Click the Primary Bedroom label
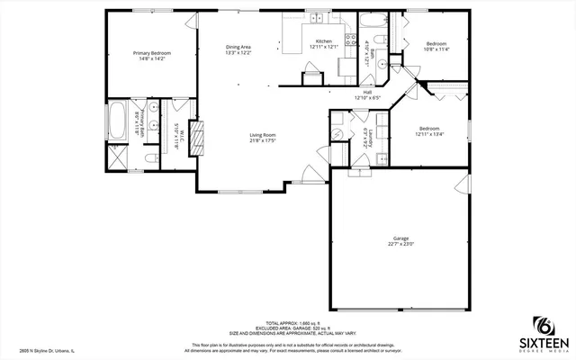click(152, 53)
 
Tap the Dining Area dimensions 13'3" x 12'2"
click(238, 52)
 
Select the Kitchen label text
click(323, 40)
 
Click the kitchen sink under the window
click(316, 19)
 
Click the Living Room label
click(262, 135)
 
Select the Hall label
click(368, 91)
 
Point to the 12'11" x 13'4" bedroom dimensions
click(429, 135)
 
